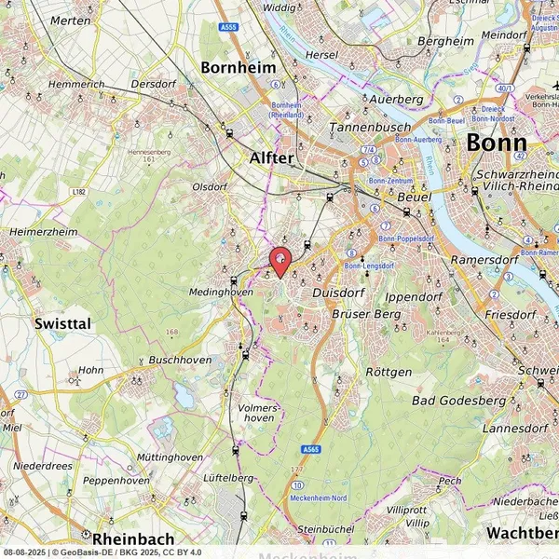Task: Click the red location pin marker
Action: (279, 259)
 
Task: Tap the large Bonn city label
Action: (496, 143)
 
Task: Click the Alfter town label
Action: (271, 158)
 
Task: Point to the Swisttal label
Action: (62, 323)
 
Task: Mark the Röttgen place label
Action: (389, 372)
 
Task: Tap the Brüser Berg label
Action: (370, 315)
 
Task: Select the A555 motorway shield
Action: (228, 28)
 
